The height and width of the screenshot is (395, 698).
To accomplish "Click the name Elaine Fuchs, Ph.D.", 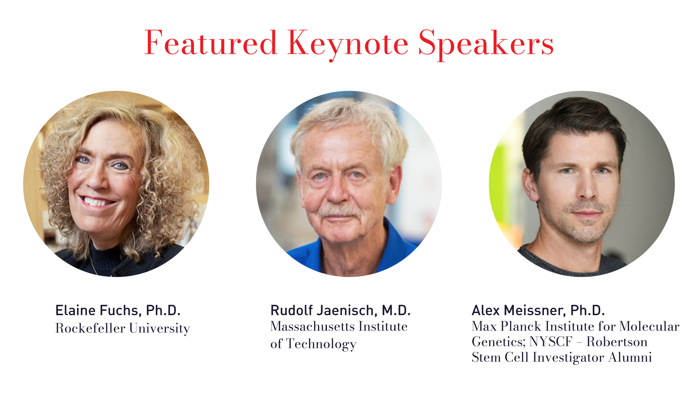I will click(x=118, y=310).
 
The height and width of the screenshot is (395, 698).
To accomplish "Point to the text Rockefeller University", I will click(x=122, y=328).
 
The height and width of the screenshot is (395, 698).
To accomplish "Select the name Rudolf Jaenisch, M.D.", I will click(x=340, y=310).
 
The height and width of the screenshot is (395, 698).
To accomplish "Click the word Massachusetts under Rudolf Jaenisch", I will click(x=312, y=327).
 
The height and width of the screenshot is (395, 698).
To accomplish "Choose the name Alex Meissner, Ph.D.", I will click(x=538, y=310).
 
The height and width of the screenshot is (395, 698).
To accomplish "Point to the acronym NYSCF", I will click(x=551, y=342).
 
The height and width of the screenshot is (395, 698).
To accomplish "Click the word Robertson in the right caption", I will click(x=617, y=342).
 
